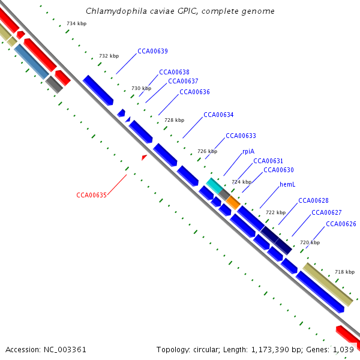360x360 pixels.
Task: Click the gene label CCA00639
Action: click(152, 51)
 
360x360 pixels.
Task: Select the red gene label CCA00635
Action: click(91, 195)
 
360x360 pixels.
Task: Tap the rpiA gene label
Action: click(248, 152)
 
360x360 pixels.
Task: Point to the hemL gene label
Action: click(287, 184)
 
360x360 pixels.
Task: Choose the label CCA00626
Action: click(341, 224)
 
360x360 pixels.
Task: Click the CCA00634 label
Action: click(218, 115)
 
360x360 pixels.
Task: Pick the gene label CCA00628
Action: click(313, 200)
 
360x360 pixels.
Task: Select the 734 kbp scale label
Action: click(76, 23)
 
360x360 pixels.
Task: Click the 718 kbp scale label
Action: click(344, 272)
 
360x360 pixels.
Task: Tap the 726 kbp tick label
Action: click(207, 151)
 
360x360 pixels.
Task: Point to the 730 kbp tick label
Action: click(141, 88)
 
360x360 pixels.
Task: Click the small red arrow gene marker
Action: click(144, 157)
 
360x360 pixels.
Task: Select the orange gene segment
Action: click(233, 203)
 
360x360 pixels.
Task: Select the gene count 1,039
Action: click(343, 349)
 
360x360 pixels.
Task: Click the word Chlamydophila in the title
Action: click(112, 11)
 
